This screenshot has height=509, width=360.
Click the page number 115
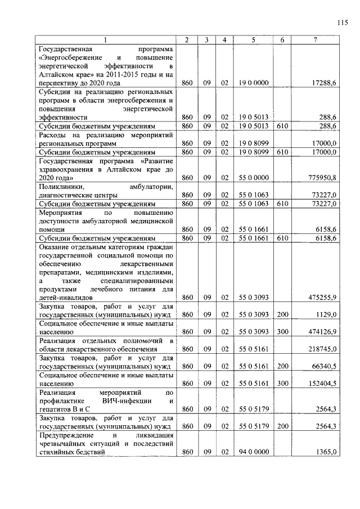tap(342, 22)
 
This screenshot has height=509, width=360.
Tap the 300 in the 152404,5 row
tap(282, 384)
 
